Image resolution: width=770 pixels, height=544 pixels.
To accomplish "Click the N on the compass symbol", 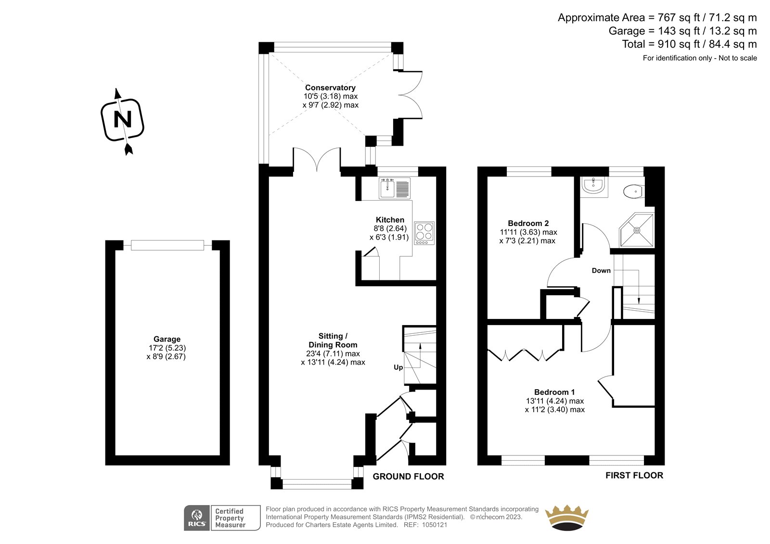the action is click(x=123, y=120).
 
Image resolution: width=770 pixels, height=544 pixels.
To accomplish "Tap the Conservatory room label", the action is click(x=330, y=88).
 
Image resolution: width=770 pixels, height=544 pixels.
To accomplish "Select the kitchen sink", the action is click(x=395, y=188).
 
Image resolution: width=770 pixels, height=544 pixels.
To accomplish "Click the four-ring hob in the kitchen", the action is click(x=424, y=233).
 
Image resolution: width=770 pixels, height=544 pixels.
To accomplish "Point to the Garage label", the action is click(x=167, y=339).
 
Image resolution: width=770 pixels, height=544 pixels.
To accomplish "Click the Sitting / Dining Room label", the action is click(x=333, y=340).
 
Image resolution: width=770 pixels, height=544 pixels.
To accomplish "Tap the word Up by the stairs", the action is click(x=398, y=367).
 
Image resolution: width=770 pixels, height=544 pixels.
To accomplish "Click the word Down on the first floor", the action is click(x=601, y=270).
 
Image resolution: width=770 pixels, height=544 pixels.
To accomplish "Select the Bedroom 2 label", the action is click(x=528, y=223).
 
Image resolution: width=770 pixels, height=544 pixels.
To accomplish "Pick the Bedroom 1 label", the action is click(x=554, y=392).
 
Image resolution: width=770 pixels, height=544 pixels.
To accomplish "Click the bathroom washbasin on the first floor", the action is click(x=594, y=187).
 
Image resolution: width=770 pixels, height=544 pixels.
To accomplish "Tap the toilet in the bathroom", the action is click(x=634, y=191).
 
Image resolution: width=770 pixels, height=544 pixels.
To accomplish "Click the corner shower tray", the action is click(x=637, y=230).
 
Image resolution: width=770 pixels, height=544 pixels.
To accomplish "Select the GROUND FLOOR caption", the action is click(x=409, y=476).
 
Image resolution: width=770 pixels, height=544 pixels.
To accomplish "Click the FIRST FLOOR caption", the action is click(x=634, y=475).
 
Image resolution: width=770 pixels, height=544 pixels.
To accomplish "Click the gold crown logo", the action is click(x=567, y=518).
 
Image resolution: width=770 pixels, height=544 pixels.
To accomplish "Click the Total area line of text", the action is click(x=689, y=44).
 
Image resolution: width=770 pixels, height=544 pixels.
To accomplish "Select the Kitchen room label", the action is click(x=390, y=220).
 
